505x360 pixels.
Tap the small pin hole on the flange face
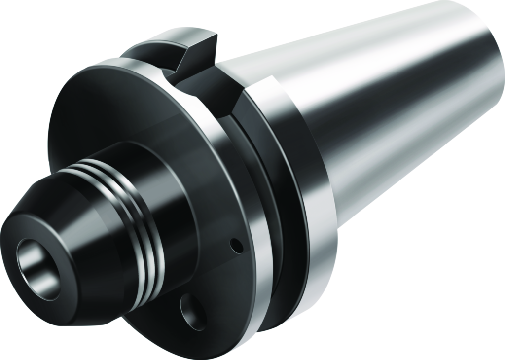tap(239, 244)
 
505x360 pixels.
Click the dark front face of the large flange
tap(99, 118)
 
